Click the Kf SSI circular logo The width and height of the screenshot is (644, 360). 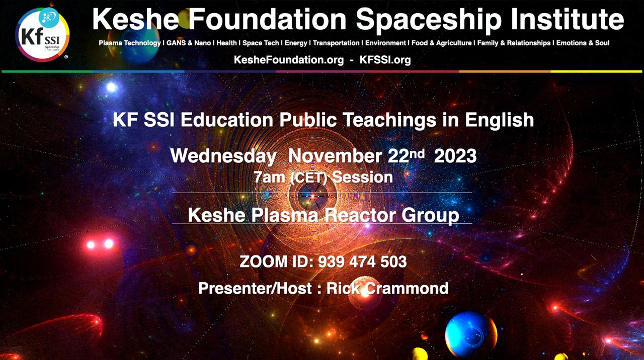click(x=42, y=35)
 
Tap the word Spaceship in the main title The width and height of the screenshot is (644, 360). click(x=429, y=20)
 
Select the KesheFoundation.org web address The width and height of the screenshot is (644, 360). click(x=289, y=60)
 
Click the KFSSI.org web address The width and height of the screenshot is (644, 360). click(x=385, y=60)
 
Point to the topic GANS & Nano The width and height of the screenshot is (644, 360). click(x=189, y=43)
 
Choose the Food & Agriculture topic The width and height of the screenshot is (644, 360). click(x=442, y=43)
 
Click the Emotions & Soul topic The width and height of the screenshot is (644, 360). click(x=583, y=43)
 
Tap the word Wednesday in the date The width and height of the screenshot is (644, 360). click(x=223, y=156)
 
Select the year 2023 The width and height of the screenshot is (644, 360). click(x=455, y=156)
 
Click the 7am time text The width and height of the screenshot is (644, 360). click(x=269, y=177)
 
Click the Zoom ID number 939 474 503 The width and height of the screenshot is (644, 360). click(x=362, y=262)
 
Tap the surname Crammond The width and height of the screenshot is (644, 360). click(x=407, y=288)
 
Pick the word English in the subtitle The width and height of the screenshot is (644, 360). click(x=500, y=120)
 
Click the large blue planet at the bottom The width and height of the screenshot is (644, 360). click(x=470, y=334)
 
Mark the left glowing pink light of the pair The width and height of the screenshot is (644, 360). click(x=91, y=245)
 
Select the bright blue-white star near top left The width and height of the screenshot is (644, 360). click(x=112, y=87)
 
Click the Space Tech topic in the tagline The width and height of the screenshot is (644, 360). click(x=261, y=43)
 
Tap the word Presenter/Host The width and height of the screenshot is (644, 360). click(x=255, y=288)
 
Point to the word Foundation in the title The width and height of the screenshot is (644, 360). click(x=267, y=19)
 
